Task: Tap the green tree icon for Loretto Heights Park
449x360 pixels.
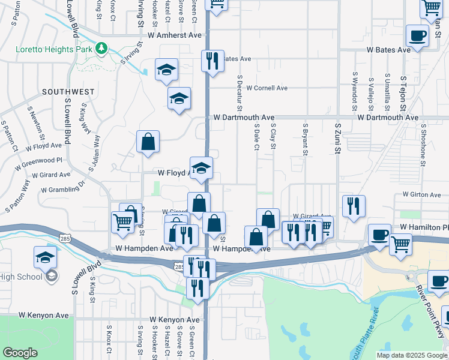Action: (x=102, y=47)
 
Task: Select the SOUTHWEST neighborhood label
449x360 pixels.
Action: (x=68, y=92)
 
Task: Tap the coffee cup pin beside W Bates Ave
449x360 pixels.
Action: (x=417, y=36)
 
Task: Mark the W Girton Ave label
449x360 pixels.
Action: (x=422, y=194)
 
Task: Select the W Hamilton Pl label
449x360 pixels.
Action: (x=424, y=227)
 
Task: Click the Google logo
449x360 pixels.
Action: (x=20, y=353)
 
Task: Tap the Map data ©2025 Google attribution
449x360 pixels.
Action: (x=412, y=355)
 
